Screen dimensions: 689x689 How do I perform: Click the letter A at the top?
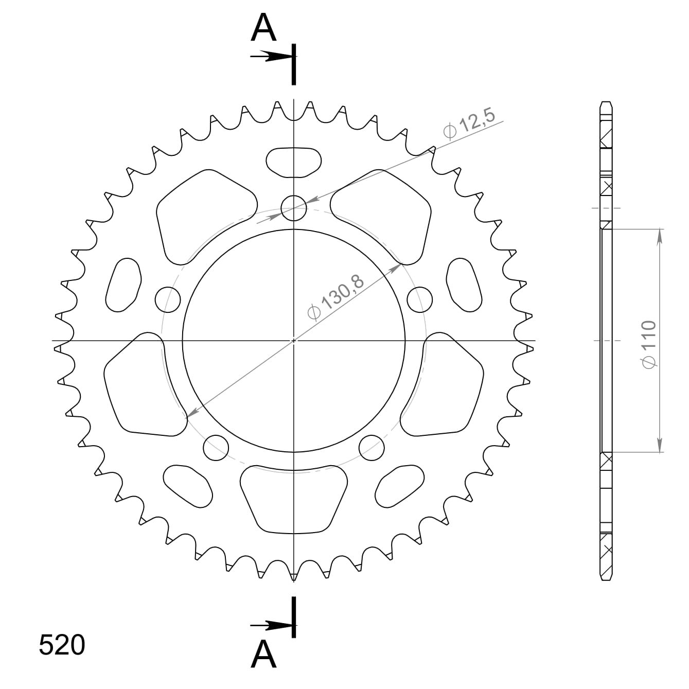tap(263, 29)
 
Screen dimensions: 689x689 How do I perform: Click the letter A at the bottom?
tap(263, 655)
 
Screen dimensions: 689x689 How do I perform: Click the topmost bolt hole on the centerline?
tap(294, 208)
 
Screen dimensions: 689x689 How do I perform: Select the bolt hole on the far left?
tap(168, 299)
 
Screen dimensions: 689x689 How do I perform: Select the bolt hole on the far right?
tap(419, 299)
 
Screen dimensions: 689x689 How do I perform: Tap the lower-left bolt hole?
tap(216, 448)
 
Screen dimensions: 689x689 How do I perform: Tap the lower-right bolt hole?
tap(372, 447)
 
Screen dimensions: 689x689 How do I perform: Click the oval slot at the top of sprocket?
tap(294, 162)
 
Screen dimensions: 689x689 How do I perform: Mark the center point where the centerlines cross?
tap(294, 340)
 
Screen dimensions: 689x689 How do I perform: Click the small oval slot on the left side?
tap(123, 285)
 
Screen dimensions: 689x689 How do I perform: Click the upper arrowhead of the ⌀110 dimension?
tap(660, 234)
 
